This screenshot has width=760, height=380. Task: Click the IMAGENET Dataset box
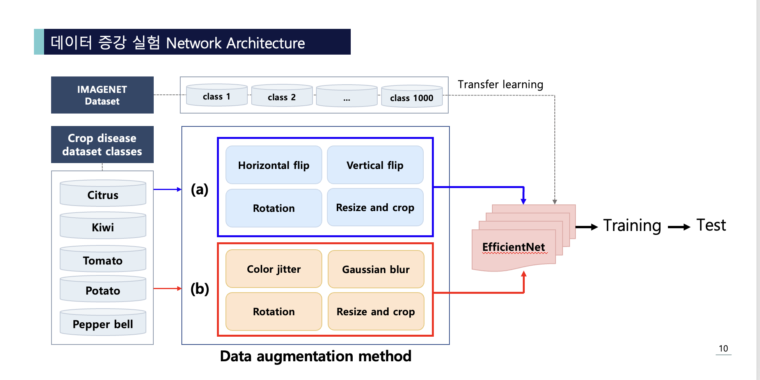pos(102,95)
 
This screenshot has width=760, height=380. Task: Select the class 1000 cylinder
pos(412,97)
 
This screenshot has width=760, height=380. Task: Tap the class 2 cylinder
pos(282,96)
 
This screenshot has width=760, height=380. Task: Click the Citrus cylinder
pos(103,194)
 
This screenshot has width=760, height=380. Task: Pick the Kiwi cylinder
pos(103,227)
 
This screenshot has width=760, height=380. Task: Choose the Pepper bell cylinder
pos(103,323)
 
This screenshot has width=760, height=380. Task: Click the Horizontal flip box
pos(273,165)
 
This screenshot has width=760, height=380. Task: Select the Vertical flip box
pos(375,165)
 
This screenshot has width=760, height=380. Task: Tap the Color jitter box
pos(273,269)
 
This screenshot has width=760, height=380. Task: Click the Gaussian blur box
pos(376,269)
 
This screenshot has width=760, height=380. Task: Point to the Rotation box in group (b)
pos(273,311)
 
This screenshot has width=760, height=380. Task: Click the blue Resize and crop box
pos(375,208)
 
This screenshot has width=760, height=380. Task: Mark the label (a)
pos(199,189)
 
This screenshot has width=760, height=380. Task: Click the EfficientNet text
pos(513,247)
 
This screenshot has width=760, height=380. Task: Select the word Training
pos(632,226)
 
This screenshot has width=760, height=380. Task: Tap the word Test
pos(711,225)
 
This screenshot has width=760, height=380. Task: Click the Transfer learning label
pos(500,84)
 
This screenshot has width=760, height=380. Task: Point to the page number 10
pos(723,348)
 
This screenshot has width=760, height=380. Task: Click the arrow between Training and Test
pos(679,227)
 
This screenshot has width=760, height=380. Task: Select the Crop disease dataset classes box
pos(102,145)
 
